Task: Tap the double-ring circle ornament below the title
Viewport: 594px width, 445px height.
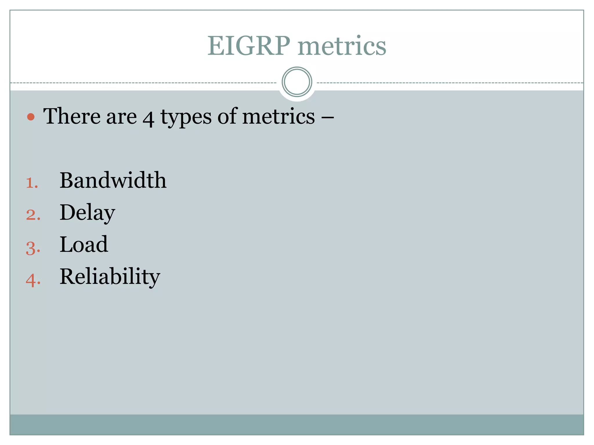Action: coord(297,82)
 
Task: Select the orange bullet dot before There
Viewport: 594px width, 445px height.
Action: coord(31,117)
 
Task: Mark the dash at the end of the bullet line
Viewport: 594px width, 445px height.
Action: coord(327,117)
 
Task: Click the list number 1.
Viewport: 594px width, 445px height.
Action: coord(32,183)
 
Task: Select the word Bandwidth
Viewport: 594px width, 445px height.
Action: coord(113,180)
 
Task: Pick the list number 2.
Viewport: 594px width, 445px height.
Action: coord(33,215)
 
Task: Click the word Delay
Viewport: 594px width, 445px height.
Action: coord(87,213)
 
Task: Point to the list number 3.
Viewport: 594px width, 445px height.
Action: coord(33,248)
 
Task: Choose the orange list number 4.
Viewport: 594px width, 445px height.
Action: coord(33,280)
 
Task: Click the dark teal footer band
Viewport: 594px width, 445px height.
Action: coord(297,424)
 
